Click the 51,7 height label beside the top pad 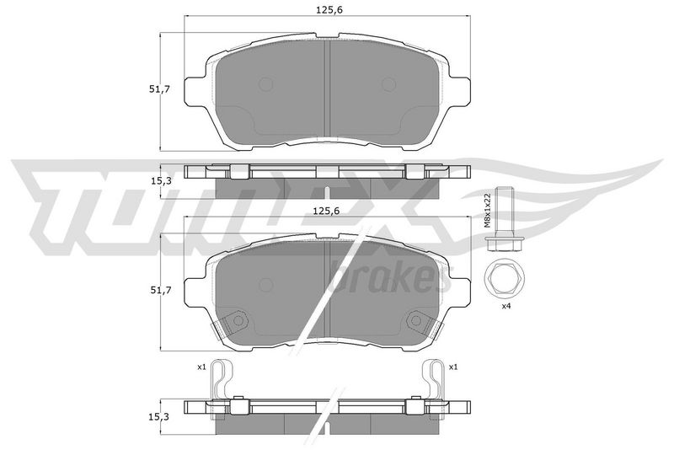click(x=160, y=89)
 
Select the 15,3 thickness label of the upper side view click(x=161, y=181)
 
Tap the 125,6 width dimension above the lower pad click(x=327, y=211)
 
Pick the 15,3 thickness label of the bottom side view click(x=161, y=417)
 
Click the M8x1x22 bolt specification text click(x=487, y=210)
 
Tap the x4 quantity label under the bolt click(x=506, y=307)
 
